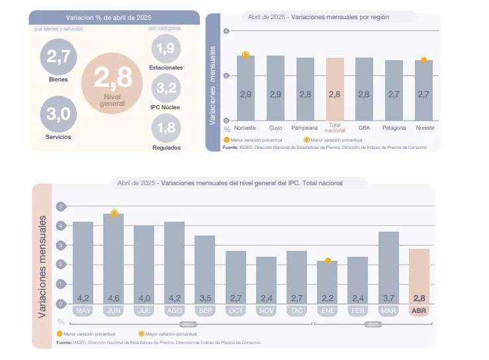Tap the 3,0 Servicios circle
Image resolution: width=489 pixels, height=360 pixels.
58,114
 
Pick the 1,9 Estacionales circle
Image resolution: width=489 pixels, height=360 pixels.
166,49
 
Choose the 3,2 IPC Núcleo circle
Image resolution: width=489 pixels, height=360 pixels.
166,87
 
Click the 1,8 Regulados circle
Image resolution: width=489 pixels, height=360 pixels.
166,127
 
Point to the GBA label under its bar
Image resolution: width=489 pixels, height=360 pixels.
364,127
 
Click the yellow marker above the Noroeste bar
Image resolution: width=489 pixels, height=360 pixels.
245,55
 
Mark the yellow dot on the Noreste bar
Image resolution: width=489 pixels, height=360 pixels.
424,60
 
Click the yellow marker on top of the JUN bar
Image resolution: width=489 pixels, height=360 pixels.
114,213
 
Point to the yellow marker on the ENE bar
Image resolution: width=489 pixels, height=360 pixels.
328,261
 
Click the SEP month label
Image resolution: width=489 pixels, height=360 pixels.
205,310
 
